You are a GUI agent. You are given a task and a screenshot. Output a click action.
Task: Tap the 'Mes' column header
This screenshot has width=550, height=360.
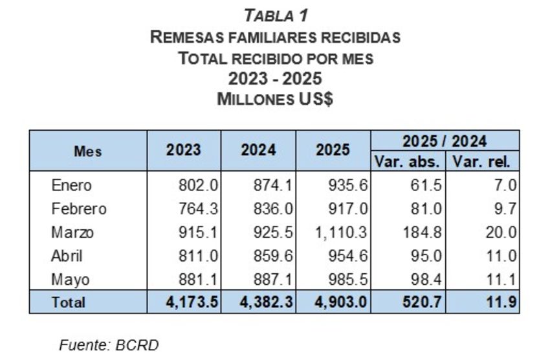tap(88, 152)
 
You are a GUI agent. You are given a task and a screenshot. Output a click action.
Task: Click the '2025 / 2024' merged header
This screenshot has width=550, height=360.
tap(445, 141)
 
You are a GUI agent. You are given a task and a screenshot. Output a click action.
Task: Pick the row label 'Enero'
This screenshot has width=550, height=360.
tap(72, 186)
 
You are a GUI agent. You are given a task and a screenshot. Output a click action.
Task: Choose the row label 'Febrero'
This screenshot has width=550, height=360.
tap(79, 209)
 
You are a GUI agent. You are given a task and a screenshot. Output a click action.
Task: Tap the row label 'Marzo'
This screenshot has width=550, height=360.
tap(72, 232)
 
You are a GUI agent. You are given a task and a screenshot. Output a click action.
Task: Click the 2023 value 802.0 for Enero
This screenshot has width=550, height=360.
tap(199, 186)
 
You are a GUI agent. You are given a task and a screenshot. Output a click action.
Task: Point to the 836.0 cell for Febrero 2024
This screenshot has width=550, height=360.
tap(273, 209)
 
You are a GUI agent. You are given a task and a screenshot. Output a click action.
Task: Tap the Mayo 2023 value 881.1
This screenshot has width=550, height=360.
tap(199, 279)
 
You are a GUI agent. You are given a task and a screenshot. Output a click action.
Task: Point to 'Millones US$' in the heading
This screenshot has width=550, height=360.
tap(275, 100)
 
